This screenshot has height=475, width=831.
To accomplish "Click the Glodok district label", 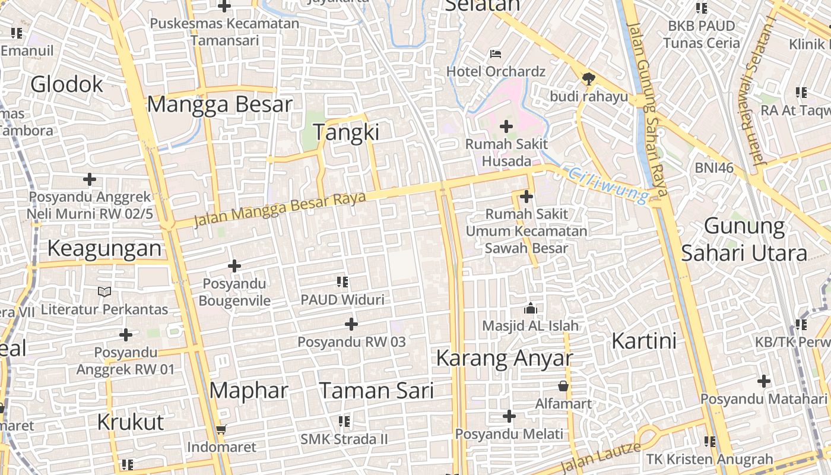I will (x=66, y=85).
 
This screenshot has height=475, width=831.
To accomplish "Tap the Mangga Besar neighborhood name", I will (x=220, y=104).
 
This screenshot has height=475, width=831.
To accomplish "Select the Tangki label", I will (x=345, y=132).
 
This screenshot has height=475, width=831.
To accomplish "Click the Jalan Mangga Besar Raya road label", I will (x=280, y=209).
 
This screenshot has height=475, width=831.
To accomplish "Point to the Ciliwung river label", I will (x=608, y=185).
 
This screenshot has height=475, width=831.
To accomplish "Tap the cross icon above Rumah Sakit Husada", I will (x=506, y=126).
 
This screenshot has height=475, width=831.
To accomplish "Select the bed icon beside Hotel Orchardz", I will (x=496, y=54).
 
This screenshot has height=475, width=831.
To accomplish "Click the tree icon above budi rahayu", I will (x=588, y=78).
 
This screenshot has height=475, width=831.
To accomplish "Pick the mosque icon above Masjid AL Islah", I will (x=530, y=308).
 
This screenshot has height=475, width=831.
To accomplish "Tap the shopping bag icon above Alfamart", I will (x=563, y=387).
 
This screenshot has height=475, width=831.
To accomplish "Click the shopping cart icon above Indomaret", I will (x=221, y=429).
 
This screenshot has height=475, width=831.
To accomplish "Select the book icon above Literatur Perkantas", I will (x=104, y=292).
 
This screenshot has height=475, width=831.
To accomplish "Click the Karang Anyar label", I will (x=505, y=359).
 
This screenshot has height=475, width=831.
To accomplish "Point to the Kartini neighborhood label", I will (x=644, y=341).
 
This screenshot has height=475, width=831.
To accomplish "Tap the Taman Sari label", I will (x=376, y=391).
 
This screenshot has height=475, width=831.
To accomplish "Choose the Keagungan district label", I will (x=104, y=248).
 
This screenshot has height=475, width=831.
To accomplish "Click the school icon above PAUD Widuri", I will (x=342, y=281).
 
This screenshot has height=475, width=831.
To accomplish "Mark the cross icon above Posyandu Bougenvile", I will (x=234, y=266).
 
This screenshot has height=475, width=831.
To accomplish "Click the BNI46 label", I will (x=715, y=168).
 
